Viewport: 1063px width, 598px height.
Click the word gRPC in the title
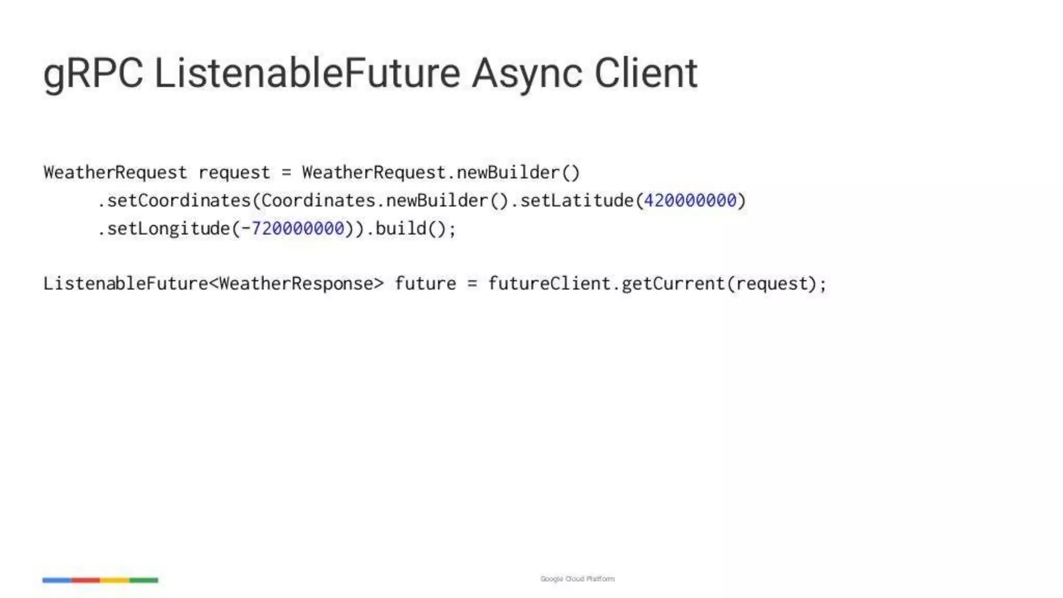[93, 74]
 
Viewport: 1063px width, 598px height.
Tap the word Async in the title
[527, 74]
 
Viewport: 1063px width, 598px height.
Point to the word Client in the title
[646, 73]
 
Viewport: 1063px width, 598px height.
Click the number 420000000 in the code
[690, 200]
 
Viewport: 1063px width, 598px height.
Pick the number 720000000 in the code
[297, 228]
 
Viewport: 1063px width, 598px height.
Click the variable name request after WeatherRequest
[234, 172]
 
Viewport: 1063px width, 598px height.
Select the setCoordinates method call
[179, 200]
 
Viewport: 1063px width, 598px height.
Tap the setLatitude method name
[577, 200]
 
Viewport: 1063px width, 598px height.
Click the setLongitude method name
[168, 228]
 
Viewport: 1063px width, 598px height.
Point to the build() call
[410, 228]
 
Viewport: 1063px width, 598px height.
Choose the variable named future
[425, 283]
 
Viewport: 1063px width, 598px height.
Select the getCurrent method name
[673, 283]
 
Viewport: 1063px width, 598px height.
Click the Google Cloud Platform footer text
[577, 579]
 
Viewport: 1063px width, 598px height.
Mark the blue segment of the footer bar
[57, 580]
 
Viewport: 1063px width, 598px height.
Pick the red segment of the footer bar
[86, 580]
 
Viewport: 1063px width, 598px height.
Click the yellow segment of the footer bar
[115, 580]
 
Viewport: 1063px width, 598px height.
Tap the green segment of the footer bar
[144, 580]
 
